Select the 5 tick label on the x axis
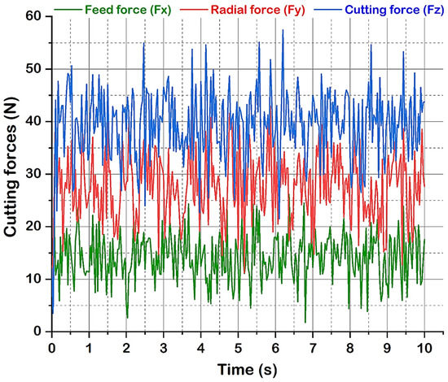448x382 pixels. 238,345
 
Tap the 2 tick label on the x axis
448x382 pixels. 126,345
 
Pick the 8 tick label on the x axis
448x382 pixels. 349,345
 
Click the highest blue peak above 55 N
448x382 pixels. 283,31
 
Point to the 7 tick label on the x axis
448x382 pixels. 312,345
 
